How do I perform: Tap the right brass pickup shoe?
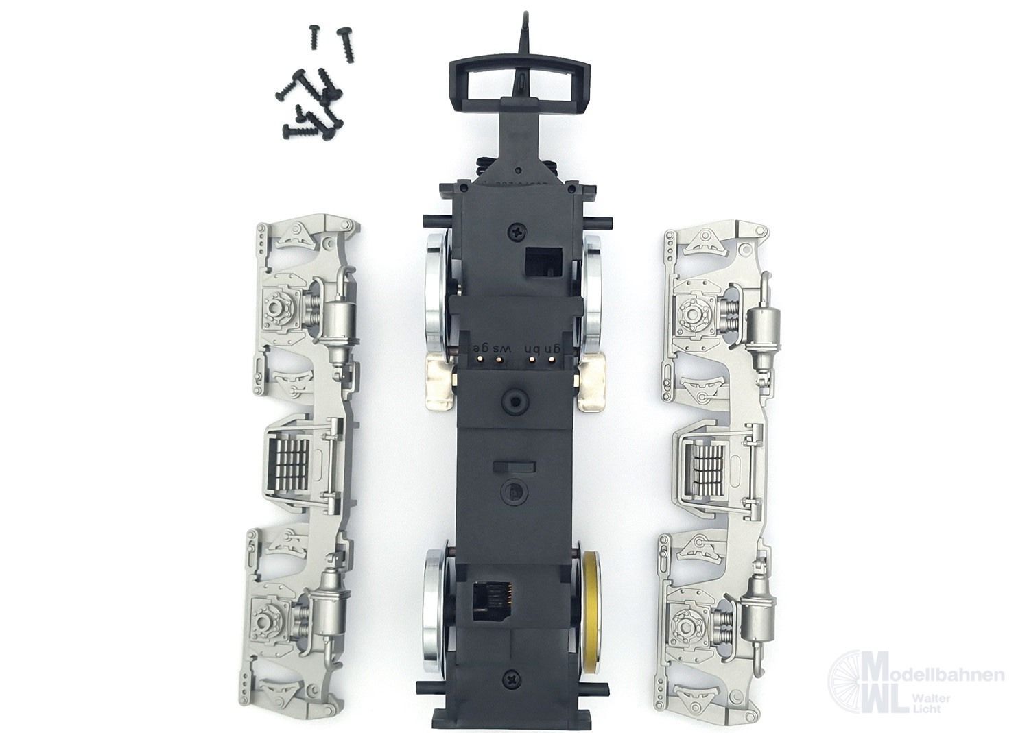pyautogui.click(x=592, y=383)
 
